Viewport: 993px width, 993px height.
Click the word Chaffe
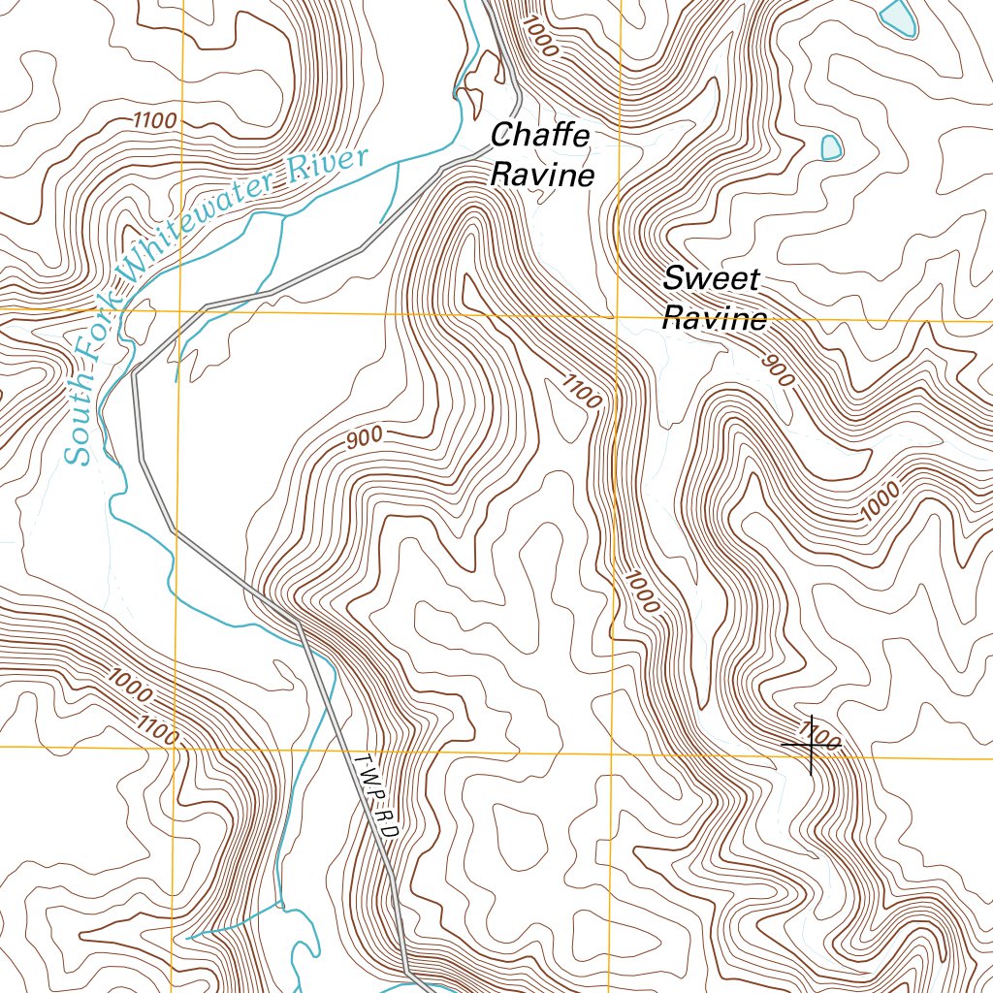pyautogui.click(x=540, y=136)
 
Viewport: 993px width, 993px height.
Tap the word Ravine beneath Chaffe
pyautogui.click(x=542, y=176)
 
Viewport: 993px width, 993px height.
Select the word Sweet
pyautogui.click(x=711, y=279)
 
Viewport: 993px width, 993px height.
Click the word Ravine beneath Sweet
pyautogui.click(x=715, y=319)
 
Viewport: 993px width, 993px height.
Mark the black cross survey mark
pyautogui.click(x=810, y=745)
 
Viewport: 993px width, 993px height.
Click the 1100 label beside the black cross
pyautogui.click(x=821, y=734)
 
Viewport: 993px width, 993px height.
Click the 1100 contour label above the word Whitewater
pyautogui.click(x=155, y=121)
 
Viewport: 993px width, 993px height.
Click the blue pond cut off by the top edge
pyautogui.click(x=898, y=16)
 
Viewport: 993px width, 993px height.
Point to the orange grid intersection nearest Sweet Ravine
pyautogui.click(x=615, y=315)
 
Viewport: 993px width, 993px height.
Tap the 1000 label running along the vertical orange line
pyautogui.click(x=643, y=592)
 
